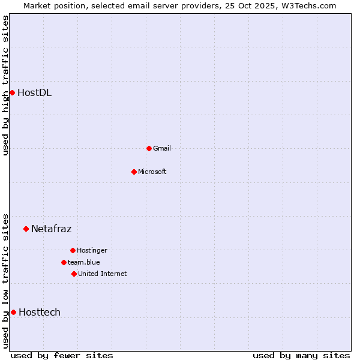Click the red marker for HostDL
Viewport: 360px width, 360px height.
pyautogui.click(x=12, y=92)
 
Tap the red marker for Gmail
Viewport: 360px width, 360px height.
pyautogui.click(x=149, y=148)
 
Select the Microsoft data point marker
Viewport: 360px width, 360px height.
pyautogui.click(x=134, y=172)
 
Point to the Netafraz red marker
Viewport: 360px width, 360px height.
pyautogui.click(x=26, y=229)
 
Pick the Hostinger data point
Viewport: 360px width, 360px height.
pyautogui.click(x=73, y=250)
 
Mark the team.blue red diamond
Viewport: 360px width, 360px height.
pyautogui.click(x=64, y=262)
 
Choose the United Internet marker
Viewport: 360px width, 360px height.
pyautogui.click(x=74, y=274)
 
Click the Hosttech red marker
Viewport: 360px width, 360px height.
pyautogui.click(x=13, y=312)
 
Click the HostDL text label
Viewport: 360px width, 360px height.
pyautogui.click(x=34, y=92)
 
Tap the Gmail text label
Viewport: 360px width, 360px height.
pyautogui.click(x=162, y=148)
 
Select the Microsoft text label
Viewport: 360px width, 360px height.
pyautogui.click(x=152, y=172)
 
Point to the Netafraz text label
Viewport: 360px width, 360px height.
pyautogui.click(x=51, y=229)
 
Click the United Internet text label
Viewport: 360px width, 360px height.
pyautogui.click(x=103, y=274)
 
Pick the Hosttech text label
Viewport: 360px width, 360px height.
pyautogui.click(x=40, y=312)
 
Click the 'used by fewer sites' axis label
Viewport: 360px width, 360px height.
pyautogui.click(x=62, y=355)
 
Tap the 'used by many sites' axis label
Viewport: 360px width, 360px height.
pyautogui.click(x=301, y=355)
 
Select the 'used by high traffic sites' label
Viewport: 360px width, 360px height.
pyautogui.click(x=5, y=85)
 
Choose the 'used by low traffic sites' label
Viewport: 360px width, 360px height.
pyautogui.click(x=5, y=281)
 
